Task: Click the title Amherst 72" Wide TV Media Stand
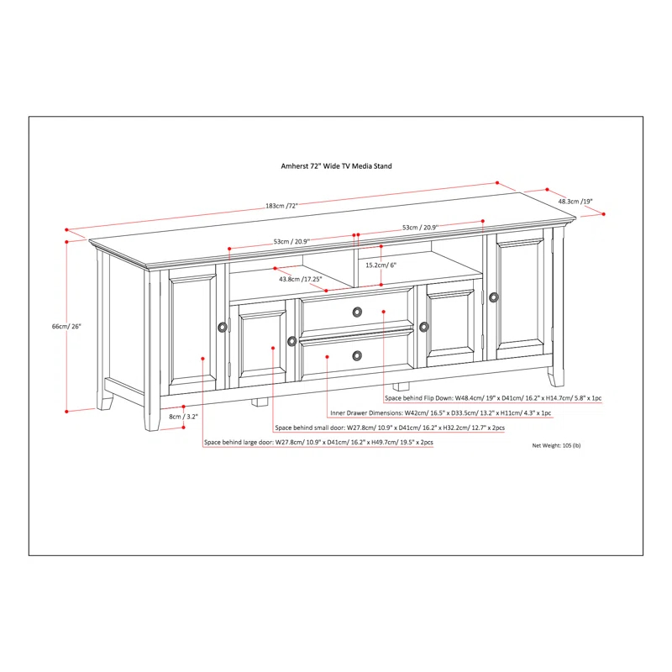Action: (336, 166)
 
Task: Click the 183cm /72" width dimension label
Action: (281, 206)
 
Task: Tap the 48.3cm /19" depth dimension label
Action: (575, 202)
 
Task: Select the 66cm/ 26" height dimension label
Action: (67, 326)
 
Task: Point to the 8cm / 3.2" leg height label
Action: (181, 415)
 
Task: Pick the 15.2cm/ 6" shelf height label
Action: (381, 265)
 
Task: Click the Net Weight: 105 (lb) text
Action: (556, 445)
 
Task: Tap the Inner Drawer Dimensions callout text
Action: (440, 413)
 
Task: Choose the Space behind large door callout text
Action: (318, 443)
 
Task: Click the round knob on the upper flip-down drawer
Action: (358, 312)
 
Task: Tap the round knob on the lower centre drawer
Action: (358, 355)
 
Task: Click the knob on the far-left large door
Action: (222, 327)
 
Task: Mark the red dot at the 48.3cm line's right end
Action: (604, 214)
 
